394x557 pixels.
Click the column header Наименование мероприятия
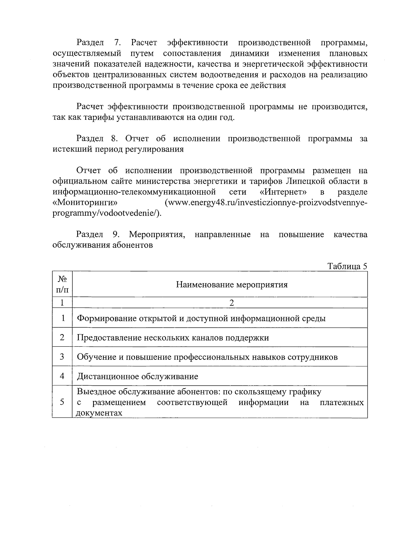(x=232, y=285)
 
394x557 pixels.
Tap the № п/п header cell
(x=62, y=284)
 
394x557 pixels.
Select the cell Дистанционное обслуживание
(x=138, y=376)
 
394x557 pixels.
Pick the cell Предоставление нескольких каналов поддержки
(x=173, y=338)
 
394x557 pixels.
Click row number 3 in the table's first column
(x=62, y=357)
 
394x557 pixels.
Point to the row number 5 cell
(x=62, y=402)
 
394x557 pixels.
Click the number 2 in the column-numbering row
(x=231, y=303)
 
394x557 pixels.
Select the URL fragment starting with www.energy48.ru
(x=265, y=203)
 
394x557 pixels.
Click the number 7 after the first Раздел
(x=117, y=42)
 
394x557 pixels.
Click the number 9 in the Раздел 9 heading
(x=116, y=234)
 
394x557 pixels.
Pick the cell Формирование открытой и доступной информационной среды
(x=201, y=318)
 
